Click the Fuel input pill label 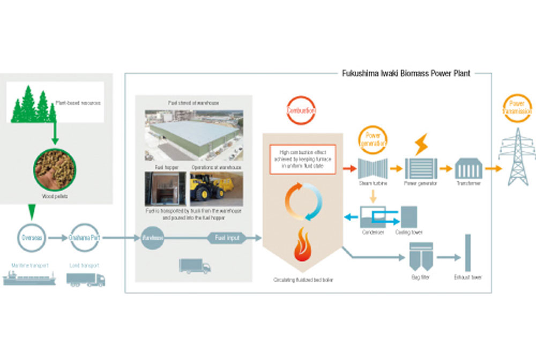point(228,238)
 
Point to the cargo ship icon point(30,278)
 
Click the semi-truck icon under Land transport point(86,279)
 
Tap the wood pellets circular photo point(54,170)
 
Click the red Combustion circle point(301,111)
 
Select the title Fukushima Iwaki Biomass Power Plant point(406,73)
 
